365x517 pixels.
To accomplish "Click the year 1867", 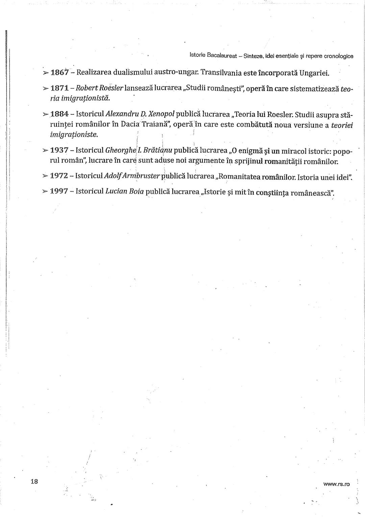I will point(60,72).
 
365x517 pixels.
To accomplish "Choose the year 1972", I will point(59,176).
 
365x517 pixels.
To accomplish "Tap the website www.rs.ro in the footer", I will point(336,484).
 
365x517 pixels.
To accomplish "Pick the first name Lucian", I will point(115,192).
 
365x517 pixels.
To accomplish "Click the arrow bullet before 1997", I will point(45,192).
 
